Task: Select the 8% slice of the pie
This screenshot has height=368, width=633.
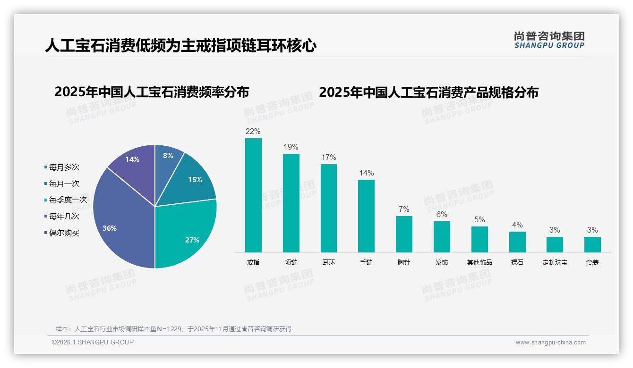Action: click(x=167, y=158)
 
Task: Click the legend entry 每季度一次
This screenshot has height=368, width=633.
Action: click(x=68, y=200)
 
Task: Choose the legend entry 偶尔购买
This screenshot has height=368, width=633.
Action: click(x=64, y=233)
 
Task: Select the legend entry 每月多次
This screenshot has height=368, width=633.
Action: click(x=64, y=167)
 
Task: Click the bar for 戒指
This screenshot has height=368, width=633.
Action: click(x=253, y=196)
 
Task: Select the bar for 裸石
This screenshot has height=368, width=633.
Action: click(x=517, y=242)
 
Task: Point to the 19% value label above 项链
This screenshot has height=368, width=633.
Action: click(x=291, y=147)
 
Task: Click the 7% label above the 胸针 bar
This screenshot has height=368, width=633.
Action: click(x=404, y=209)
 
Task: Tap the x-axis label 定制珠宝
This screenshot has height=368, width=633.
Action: click(x=555, y=262)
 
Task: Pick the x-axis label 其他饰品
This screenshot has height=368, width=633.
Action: click(x=479, y=262)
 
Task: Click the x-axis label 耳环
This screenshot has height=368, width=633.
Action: click(x=329, y=262)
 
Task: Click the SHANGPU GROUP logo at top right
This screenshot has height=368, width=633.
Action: click(x=549, y=40)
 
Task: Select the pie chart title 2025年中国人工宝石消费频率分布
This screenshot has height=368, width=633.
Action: click(x=152, y=92)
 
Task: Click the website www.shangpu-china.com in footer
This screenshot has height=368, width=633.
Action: click(x=550, y=343)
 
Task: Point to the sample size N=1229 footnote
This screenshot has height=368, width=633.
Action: click(x=173, y=329)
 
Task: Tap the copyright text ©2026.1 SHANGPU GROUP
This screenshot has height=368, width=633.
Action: click(x=93, y=342)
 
